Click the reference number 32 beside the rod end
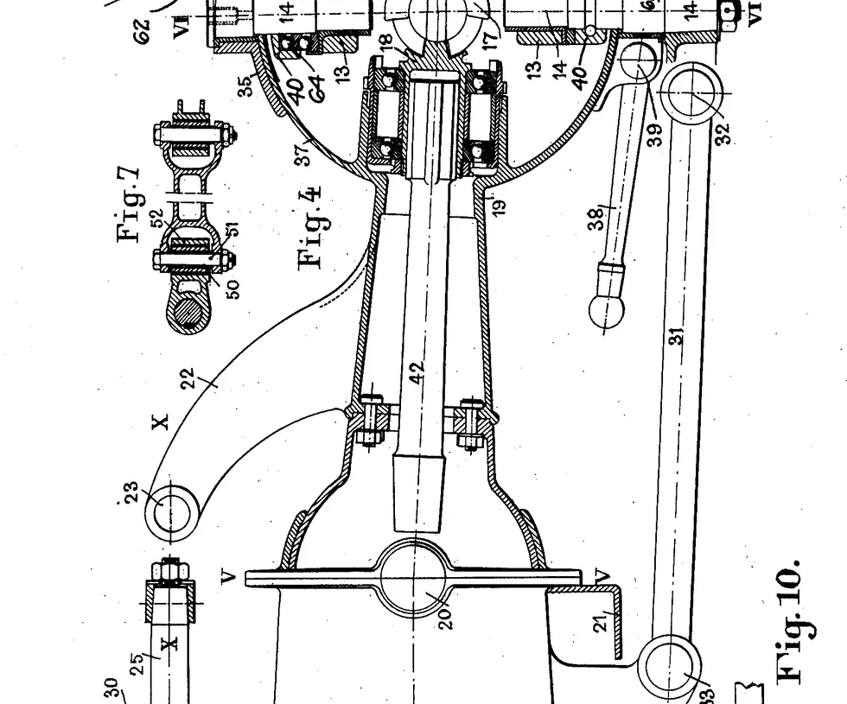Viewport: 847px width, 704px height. coord(723,133)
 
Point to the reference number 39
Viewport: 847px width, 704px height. coord(654,134)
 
